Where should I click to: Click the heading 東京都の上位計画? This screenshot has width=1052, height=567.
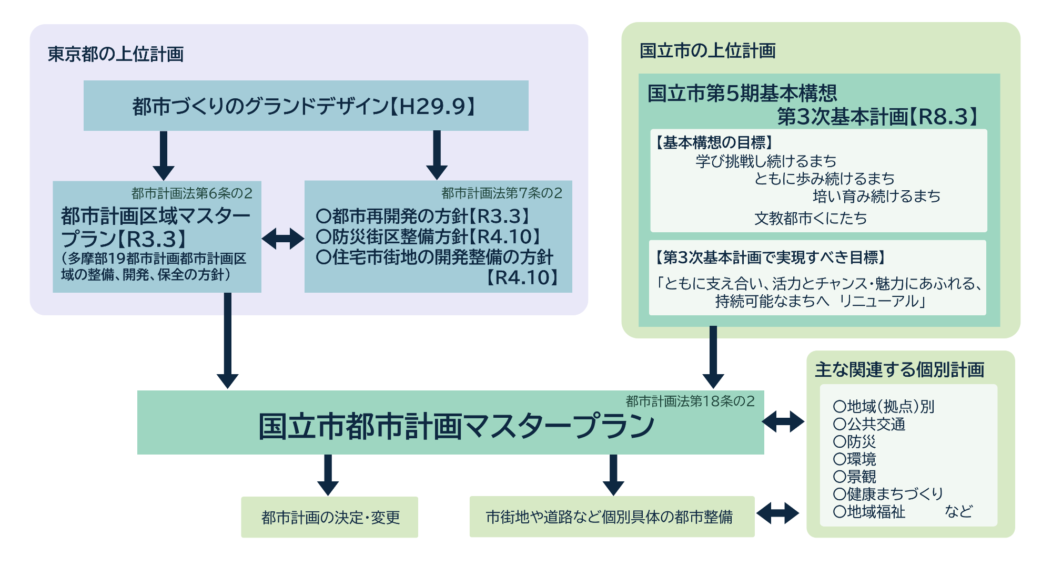(x=116, y=54)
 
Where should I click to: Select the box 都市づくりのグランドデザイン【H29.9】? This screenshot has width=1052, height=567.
(x=306, y=106)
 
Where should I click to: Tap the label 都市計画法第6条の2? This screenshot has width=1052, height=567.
(x=191, y=193)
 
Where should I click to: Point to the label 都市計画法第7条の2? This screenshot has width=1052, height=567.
(x=502, y=193)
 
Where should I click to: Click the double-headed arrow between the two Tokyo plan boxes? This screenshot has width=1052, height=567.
(x=283, y=239)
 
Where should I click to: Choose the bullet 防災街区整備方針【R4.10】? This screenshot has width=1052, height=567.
(x=429, y=237)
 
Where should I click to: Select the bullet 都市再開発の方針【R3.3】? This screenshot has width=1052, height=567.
(x=423, y=216)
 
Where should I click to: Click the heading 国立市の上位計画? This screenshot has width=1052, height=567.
(x=707, y=51)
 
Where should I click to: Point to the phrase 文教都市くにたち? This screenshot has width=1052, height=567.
(x=811, y=218)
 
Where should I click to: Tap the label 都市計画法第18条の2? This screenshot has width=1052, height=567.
(x=690, y=401)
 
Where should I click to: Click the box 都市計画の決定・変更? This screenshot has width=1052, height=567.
(x=330, y=518)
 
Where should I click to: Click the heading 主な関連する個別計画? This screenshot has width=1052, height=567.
(x=899, y=370)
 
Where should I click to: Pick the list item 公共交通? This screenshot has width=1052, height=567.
(x=870, y=424)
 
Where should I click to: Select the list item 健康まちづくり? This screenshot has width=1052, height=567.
(x=888, y=494)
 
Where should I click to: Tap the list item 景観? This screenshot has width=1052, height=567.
(x=855, y=477)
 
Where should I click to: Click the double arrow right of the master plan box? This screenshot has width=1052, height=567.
(x=783, y=421)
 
